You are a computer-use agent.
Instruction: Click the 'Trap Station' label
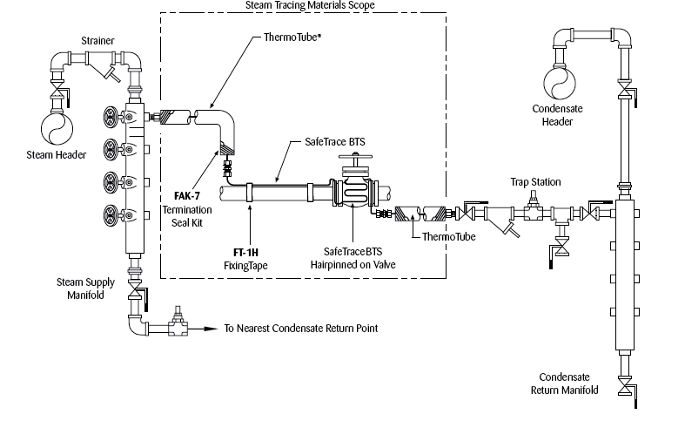point(535,181)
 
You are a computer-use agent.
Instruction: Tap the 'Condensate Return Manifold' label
point(564,384)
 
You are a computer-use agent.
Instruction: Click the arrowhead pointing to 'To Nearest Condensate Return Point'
point(212,329)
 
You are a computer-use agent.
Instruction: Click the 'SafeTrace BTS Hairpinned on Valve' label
point(353,256)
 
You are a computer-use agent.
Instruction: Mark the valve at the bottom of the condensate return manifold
point(624,385)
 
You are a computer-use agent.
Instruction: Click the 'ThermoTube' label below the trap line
point(448,236)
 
